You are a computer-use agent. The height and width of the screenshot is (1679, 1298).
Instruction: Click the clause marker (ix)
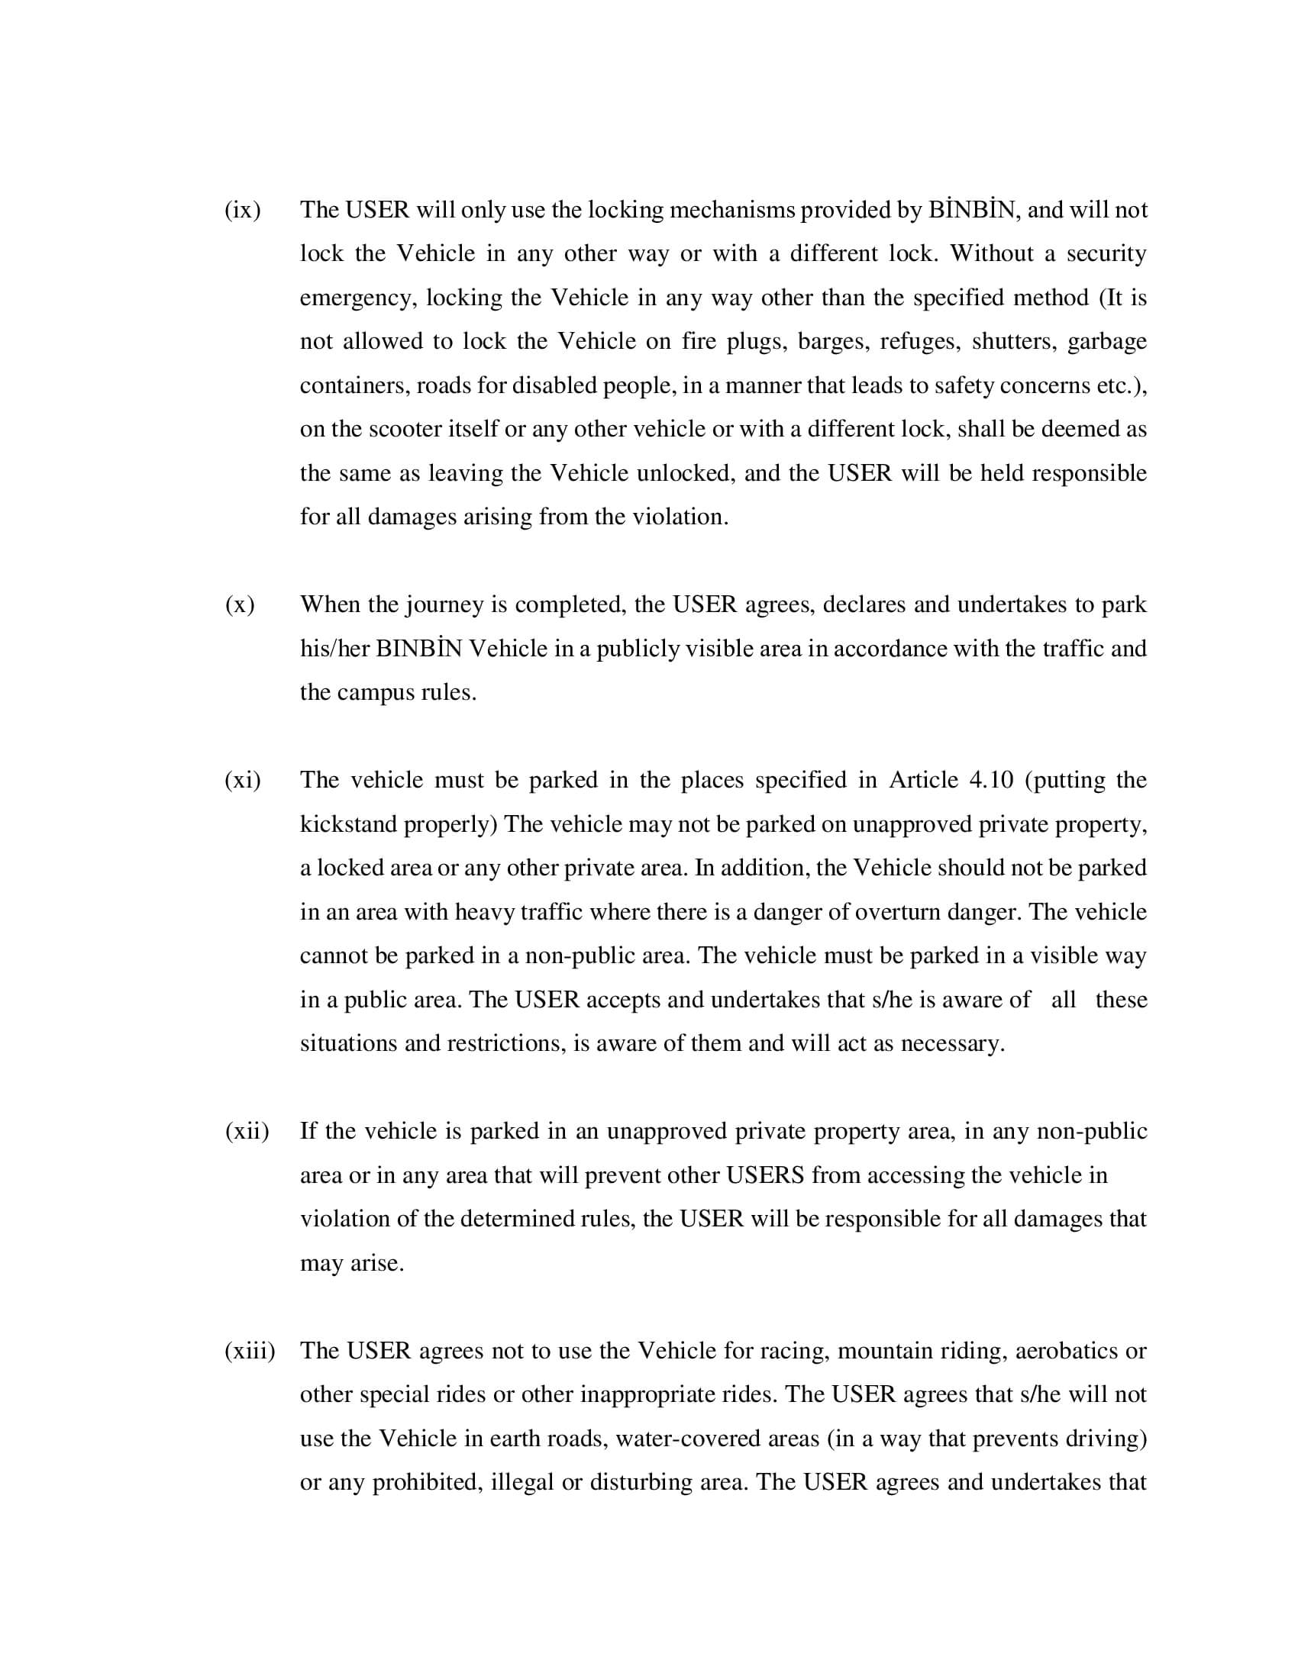242,210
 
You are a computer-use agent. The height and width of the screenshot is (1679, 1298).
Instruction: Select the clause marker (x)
240,605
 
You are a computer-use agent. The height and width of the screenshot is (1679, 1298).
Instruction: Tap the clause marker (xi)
242,780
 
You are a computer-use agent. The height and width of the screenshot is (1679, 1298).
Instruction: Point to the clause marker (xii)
247,1131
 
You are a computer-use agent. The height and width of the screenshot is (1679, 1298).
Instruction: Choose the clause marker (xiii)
249,1351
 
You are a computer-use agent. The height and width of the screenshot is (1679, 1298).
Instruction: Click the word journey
444,606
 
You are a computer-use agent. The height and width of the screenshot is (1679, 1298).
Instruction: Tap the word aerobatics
1066,1351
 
